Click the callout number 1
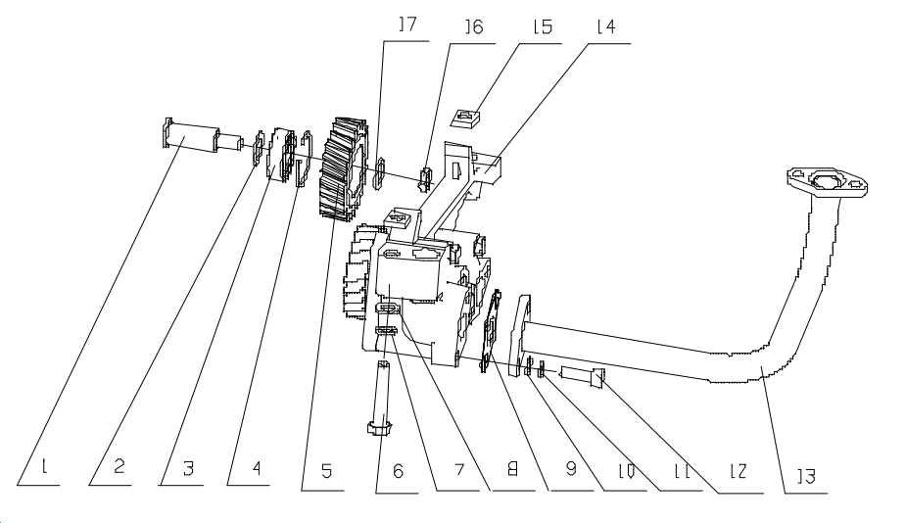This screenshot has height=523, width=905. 44,472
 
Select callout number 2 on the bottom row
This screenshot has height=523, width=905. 118,472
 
